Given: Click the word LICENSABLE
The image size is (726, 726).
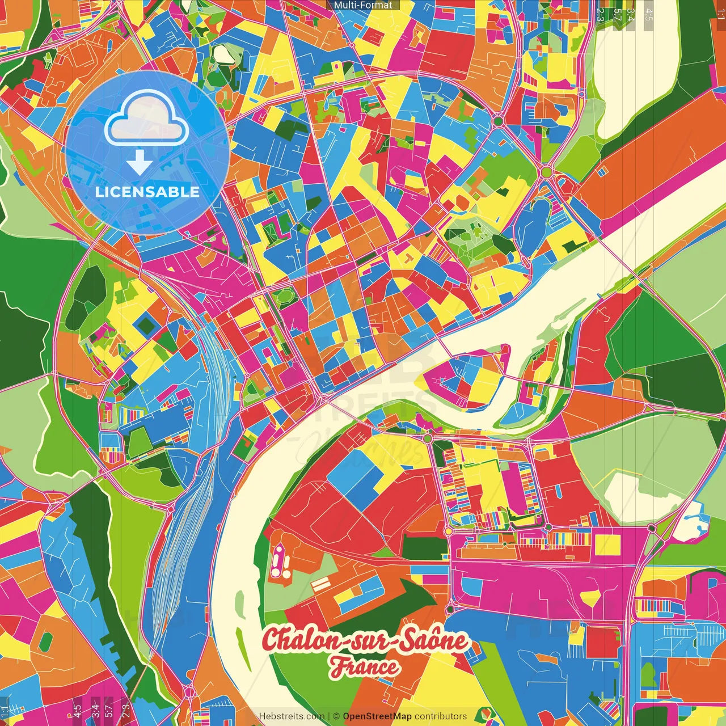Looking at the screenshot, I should point(147,192).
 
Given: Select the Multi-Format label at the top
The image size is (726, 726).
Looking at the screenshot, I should point(363,5).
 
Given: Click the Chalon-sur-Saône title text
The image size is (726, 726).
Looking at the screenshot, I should point(365,640).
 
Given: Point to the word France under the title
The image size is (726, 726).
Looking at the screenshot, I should point(365,666).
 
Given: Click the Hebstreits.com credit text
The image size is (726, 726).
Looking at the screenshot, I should point(292,716).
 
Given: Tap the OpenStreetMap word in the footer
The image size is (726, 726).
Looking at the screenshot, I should point(377,716).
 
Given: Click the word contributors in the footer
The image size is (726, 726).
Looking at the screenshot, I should point(441,716).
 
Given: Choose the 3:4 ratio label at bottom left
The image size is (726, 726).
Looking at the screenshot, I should point(95,710).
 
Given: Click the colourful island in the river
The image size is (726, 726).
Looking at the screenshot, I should point(465,377).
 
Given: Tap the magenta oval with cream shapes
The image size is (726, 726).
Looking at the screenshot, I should point(279,560).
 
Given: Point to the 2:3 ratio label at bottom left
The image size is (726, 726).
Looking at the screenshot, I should point(125,710).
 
